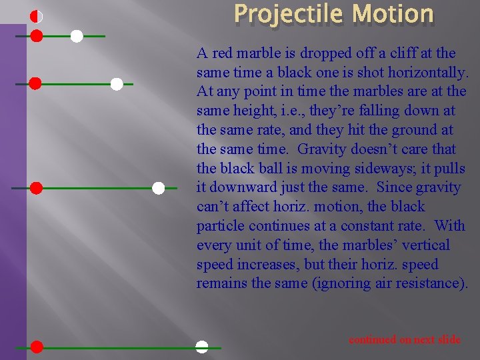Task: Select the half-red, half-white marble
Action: (37, 17)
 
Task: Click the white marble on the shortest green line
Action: (77, 36)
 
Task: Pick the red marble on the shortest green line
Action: (37, 36)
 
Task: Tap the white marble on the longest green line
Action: (201, 347)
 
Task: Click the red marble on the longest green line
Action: (37, 347)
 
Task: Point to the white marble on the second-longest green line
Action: (158, 189)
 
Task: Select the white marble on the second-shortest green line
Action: (117, 84)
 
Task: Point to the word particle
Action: (218, 226)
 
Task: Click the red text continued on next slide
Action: (405, 339)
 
